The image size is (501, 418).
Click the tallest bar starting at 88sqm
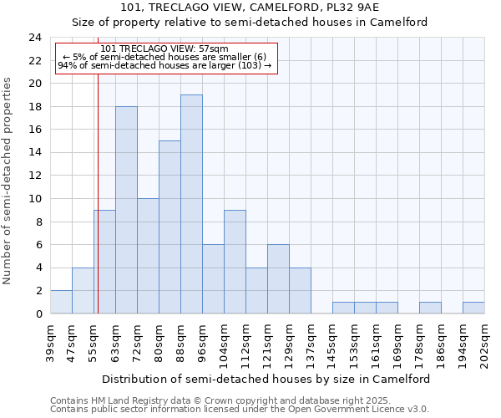click(x=191, y=204)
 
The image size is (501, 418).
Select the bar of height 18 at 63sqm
click(x=126, y=210)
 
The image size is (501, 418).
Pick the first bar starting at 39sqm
click(x=61, y=302)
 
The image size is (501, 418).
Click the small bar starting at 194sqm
click(x=473, y=308)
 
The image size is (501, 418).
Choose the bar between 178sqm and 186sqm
click(x=430, y=308)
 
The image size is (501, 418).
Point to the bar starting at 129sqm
click(x=300, y=290)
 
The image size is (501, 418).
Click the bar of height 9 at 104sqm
click(x=235, y=262)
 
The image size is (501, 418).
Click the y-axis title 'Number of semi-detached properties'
click(x=8, y=181)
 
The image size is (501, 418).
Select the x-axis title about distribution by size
click(x=266, y=379)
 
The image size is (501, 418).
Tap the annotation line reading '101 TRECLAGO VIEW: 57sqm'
click(x=164, y=49)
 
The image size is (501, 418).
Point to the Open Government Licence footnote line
click(x=240, y=410)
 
